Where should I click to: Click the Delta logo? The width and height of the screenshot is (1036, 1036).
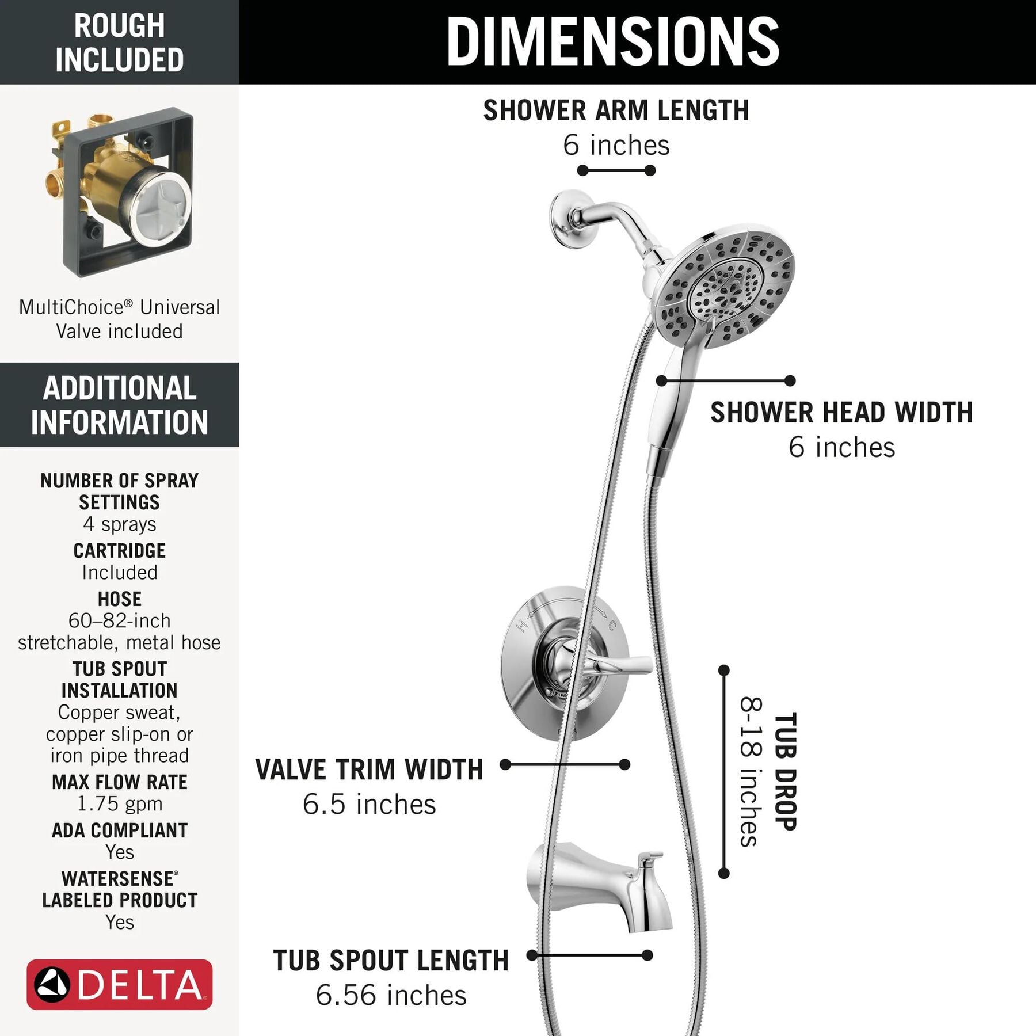pyautogui.click(x=120, y=984)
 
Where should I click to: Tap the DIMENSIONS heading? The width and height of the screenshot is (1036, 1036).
pyautogui.click(x=613, y=41)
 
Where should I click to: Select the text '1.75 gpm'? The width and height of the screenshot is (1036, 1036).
pyautogui.click(x=120, y=803)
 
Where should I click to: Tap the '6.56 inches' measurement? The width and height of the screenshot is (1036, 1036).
pyautogui.click(x=391, y=995)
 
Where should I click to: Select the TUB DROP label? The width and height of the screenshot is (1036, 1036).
pyautogui.click(x=785, y=771)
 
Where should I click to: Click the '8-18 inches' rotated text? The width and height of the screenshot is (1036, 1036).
pyautogui.click(x=751, y=771)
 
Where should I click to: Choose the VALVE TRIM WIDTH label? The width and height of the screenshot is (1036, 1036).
pyautogui.click(x=369, y=770)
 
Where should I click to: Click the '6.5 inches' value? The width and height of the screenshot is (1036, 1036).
pyautogui.click(x=370, y=804)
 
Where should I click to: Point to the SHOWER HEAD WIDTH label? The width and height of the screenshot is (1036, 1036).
pyautogui.click(x=841, y=413)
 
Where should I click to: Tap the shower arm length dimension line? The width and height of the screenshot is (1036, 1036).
pyautogui.click(x=616, y=170)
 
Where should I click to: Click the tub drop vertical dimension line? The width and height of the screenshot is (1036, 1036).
pyautogui.click(x=724, y=771)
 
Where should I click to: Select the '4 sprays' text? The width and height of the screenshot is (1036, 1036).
pyautogui.click(x=120, y=524)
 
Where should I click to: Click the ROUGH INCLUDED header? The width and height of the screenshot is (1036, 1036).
pyautogui.click(x=120, y=43)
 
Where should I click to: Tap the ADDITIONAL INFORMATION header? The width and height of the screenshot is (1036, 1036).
pyautogui.click(x=120, y=405)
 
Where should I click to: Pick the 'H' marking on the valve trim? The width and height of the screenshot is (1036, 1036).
pyautogui.click(x=522, y=625)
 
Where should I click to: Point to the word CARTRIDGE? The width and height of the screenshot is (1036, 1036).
pyautogui.click(x=120, y=551)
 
